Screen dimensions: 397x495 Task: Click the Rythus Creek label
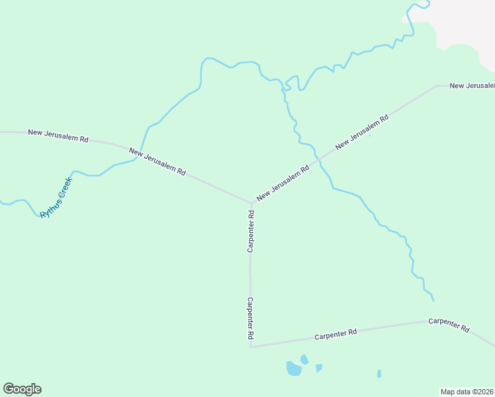(56, 197)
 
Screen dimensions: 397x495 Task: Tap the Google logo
(22, 389)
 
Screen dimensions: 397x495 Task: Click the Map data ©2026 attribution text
(467, 392)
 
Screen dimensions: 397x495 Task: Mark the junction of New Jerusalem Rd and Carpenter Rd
(251, 202)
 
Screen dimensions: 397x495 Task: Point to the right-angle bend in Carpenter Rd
(251, 346)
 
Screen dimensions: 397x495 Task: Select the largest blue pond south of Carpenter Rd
(293, 369)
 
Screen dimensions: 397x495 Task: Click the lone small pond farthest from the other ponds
(379, 374)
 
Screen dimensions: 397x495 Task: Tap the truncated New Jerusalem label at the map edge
(472, 86)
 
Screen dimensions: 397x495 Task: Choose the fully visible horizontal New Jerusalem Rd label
(58, 136)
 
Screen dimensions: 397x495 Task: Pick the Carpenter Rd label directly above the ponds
(336, 333)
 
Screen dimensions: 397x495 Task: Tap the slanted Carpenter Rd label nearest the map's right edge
(449, 325)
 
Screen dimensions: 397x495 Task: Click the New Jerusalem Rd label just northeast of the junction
(283, 183)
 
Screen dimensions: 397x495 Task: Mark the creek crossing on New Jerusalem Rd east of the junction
(318, 160)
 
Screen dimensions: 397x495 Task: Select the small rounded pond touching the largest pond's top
(304, 359)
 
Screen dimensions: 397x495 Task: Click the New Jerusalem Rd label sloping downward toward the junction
(157, 161)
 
